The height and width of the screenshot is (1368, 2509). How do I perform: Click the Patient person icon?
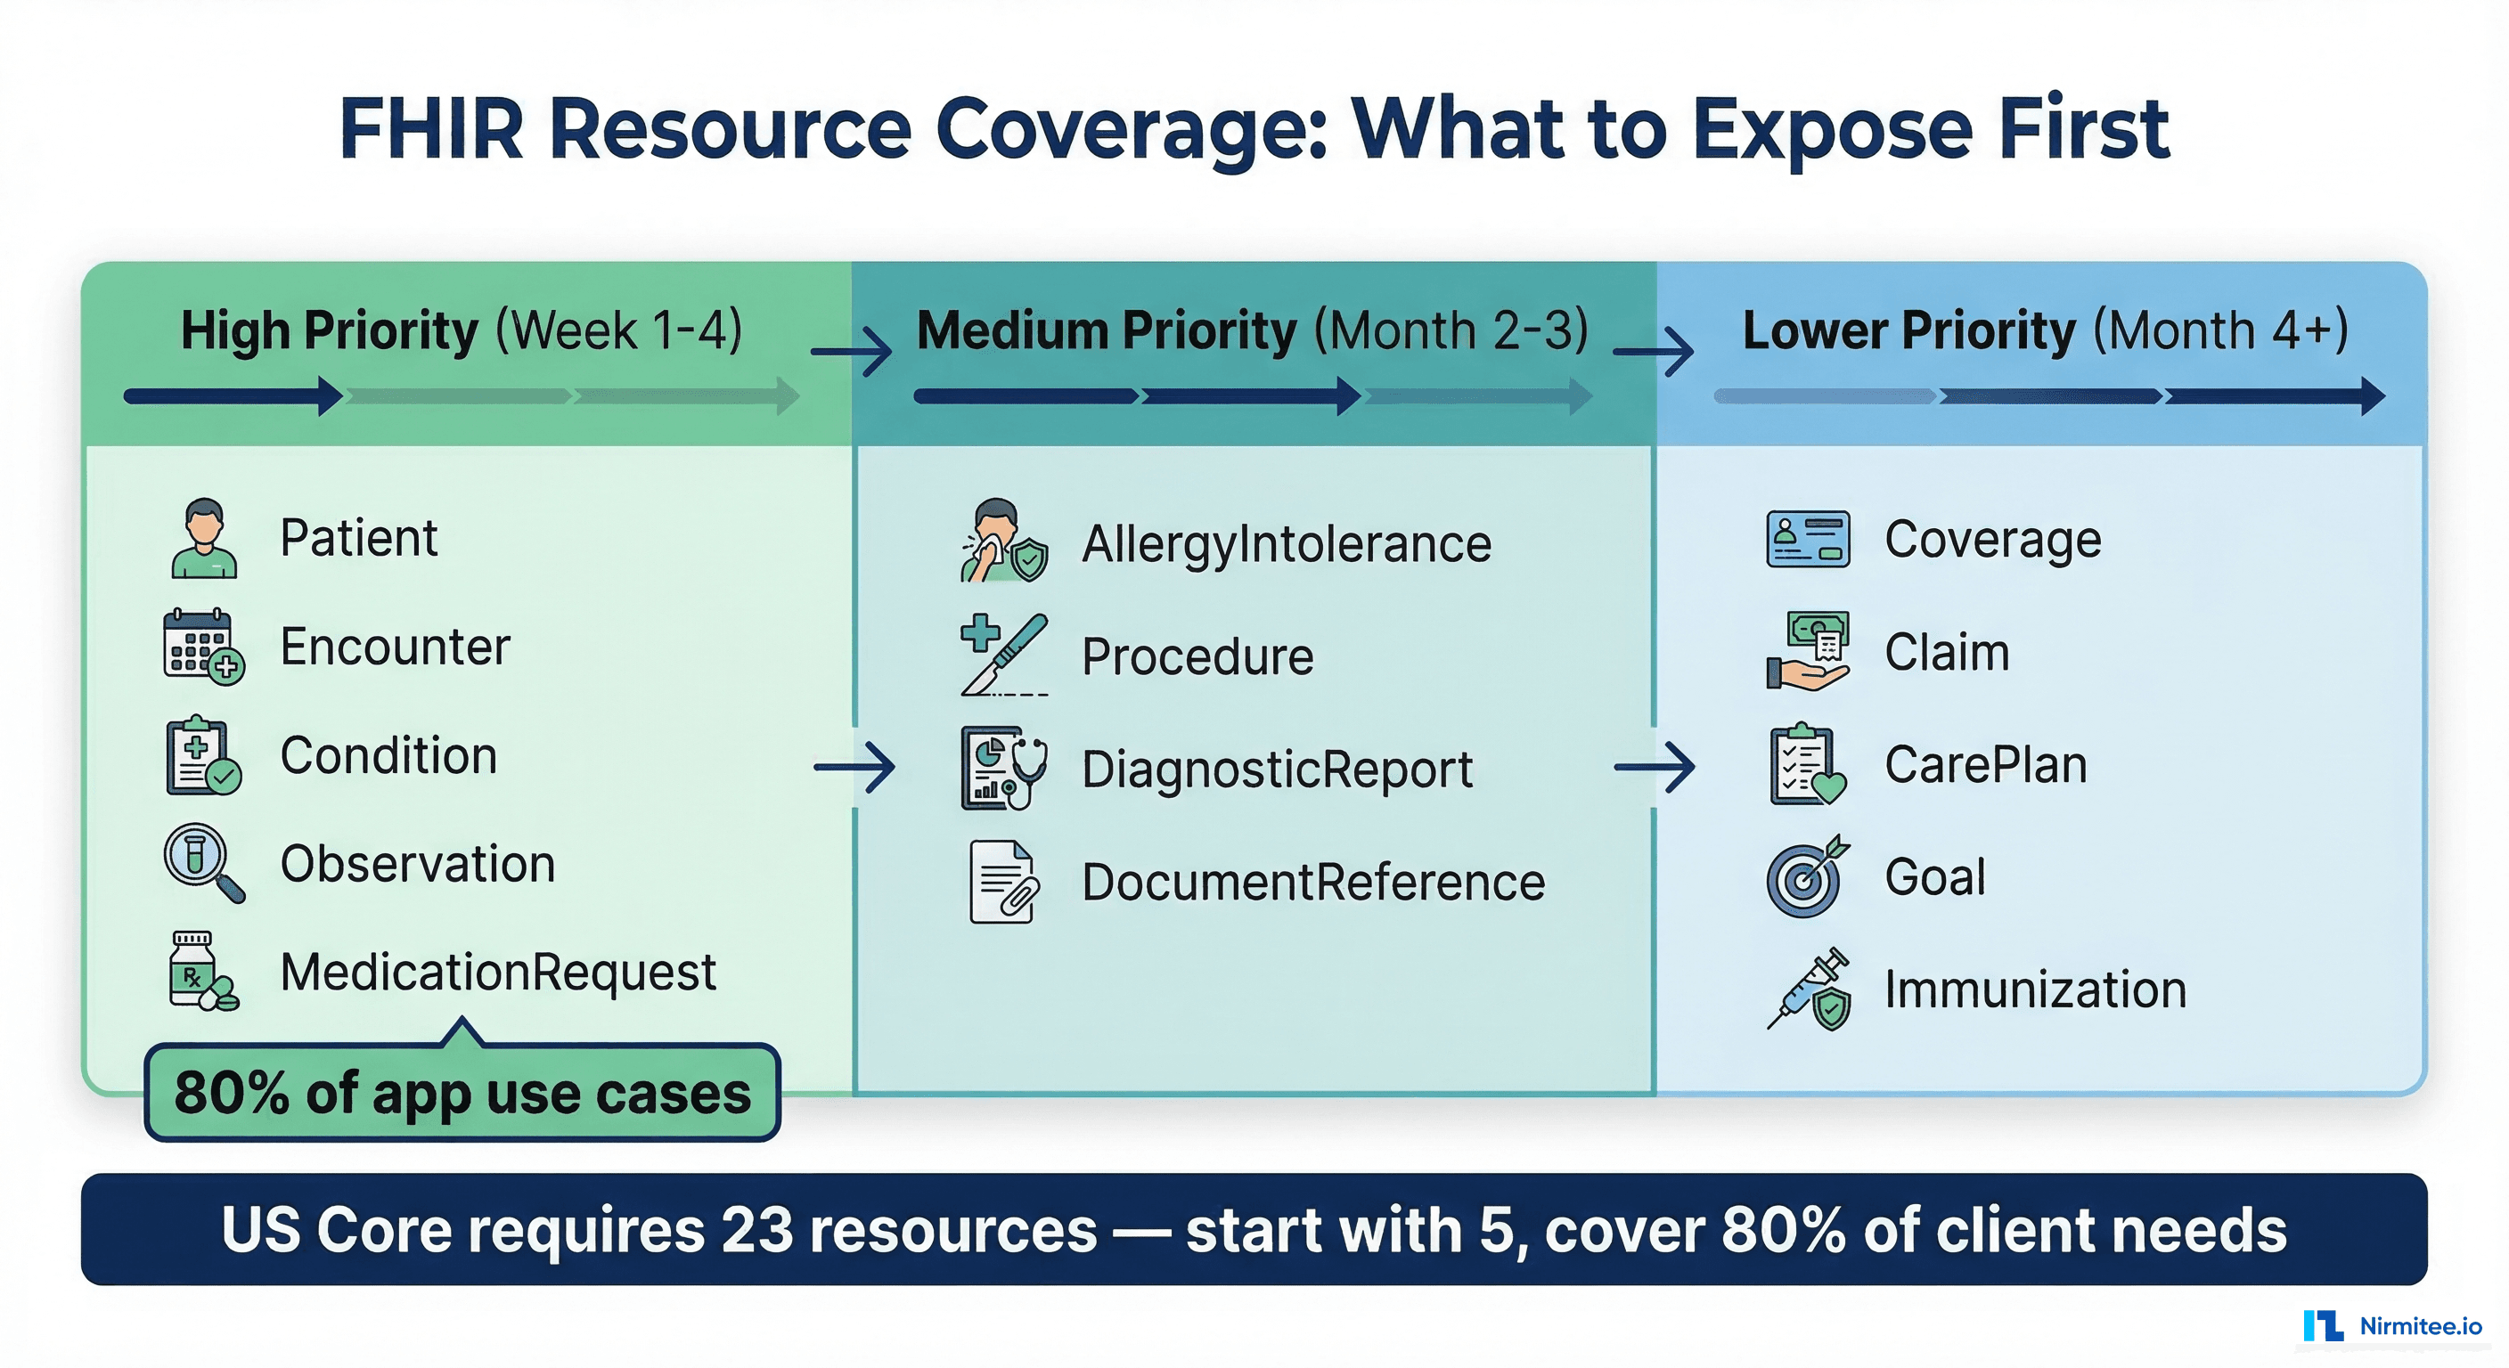pos(203,539)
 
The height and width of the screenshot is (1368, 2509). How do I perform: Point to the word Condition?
pos(388,755)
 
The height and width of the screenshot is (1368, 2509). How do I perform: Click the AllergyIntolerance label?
pos(1286,543)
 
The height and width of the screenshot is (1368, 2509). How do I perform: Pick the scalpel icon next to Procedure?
pos(1004,655)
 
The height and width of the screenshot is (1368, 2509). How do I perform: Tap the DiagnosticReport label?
pos(1277,769)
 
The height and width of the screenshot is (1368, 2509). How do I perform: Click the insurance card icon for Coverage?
pos(1808,539)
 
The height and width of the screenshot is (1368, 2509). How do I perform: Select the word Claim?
pos(1946,652)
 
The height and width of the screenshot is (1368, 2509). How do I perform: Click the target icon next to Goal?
pos(1806,877)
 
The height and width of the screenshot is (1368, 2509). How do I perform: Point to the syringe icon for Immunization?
pos(1809,989)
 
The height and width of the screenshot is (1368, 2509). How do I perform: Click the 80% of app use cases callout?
pos(462,1093)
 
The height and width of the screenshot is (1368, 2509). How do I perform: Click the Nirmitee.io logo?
pos(2392,1325)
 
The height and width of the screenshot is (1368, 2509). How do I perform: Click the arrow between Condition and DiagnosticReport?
pos(854,767)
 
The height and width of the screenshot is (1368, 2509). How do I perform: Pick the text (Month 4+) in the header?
pos(2220,331)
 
